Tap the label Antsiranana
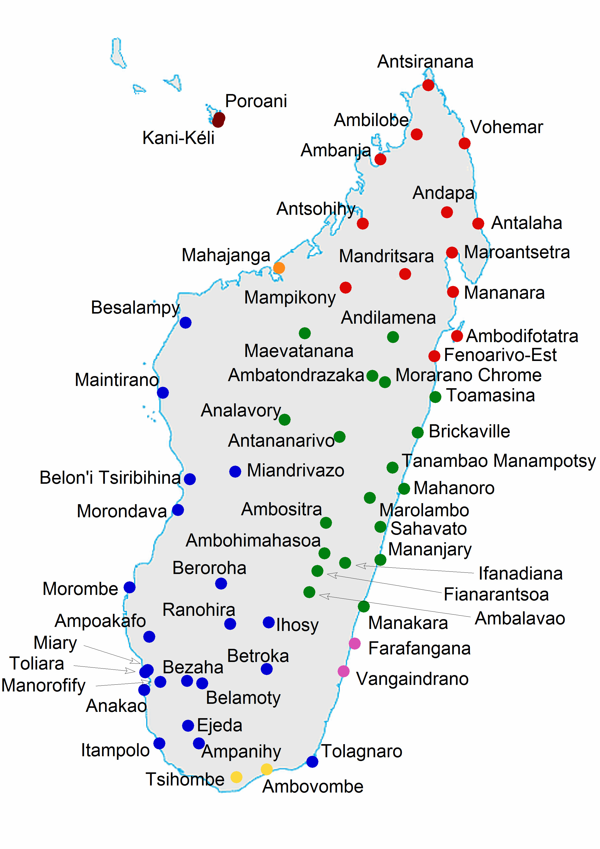coord(425,62)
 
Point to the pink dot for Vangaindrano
coord(343,671)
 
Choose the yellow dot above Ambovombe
coord(266,769)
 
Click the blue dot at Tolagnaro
coord(312,762)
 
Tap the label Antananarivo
coord(281,441)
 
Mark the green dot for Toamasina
coord(435,397)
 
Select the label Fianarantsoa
coord(496,595)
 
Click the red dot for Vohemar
coord(464,143)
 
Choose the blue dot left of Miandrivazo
coord(235,471)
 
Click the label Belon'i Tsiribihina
coord(110,478)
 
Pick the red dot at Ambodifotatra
coord(457,336)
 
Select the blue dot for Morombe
coord(130,587)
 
